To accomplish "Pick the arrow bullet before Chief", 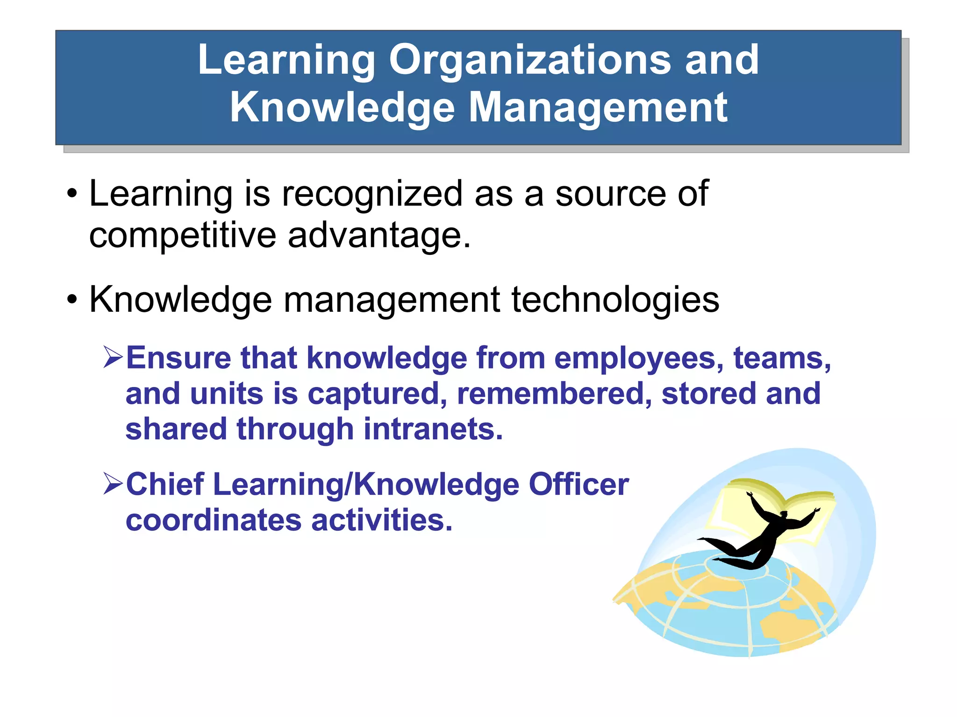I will [x=113, y=484].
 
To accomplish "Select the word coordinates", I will [x=213, y=520].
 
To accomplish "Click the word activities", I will [x=382, y=520].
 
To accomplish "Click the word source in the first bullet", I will [x=610, y=194].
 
